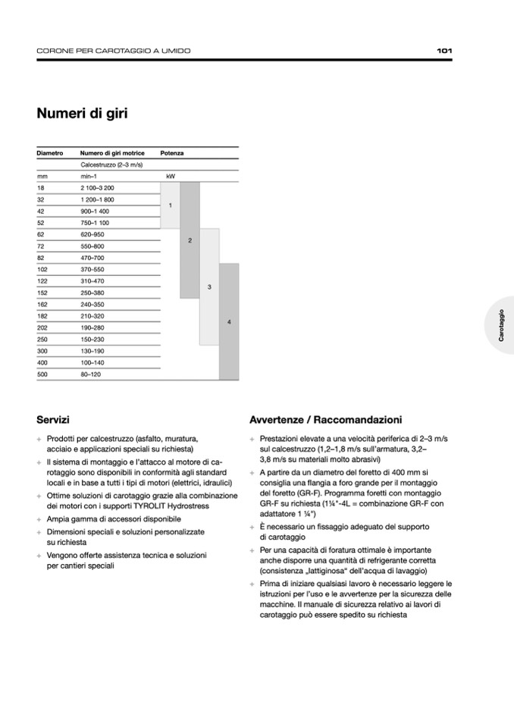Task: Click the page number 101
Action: click(444, 51)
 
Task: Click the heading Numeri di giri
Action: click(82, 114)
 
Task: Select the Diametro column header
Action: click(50, 153)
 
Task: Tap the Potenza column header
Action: click(172, 153)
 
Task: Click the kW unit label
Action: click(171, 176)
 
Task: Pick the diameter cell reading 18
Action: click(41, 187)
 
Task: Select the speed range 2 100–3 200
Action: click(97, 187)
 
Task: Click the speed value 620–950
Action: click(92, 234)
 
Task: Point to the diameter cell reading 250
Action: click(42, 339)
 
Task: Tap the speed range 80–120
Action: click(91, 374)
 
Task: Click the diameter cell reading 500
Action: click(42, 374)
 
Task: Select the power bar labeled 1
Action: click(171, 205)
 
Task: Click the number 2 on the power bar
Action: click(190, 240)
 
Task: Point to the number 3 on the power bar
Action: click(209, 287)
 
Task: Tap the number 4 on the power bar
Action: click(229, 322)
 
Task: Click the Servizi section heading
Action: click(53, 419)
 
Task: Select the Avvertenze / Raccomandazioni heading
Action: click(325, 419)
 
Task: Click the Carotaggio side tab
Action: click(501, 325)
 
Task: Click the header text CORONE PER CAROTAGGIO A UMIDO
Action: click(114, 51)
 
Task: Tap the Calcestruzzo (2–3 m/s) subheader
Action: click(111, 165)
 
